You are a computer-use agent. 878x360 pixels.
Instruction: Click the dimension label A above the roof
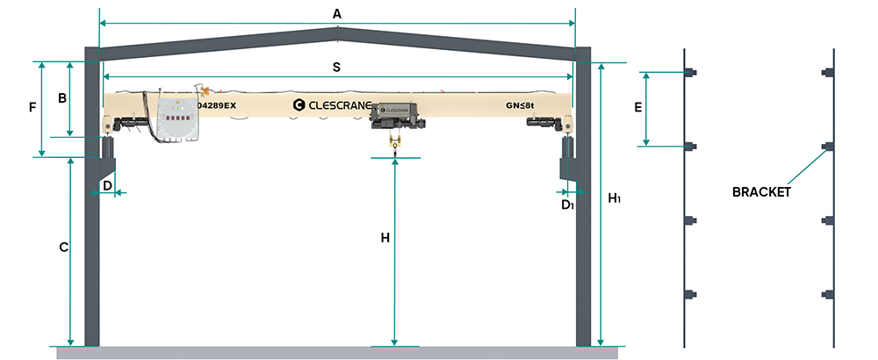pyautogui.click(x=336, y=15)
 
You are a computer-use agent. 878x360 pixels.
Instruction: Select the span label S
pyautogui.click(x=336, y=68)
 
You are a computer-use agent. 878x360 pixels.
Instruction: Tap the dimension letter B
pyautogui.click(x=62, y=98)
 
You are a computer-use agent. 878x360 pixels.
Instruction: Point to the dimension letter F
pyautogui.click(x=32, y=107)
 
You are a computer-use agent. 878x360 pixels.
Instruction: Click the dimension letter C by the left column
pyautogui.click(x=64, y=247)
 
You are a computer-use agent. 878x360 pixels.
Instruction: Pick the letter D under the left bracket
pyautogui.click(x=107, y=184)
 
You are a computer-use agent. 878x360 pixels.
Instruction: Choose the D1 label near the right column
pyautogui.click(x=568, y=205)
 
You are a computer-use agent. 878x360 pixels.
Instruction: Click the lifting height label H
pyautogui.click(x=385, y=238)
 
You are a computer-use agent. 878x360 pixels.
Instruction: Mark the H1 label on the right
pyautogui.click(x=615, y=198)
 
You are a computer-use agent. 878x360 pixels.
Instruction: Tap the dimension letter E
pyautogui.click(x=637, y=109)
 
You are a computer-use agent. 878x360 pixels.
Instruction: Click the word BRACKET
pyautogui.click(x=761, y=192)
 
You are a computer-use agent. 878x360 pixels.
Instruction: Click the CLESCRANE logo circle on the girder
pyautogui.click(x=299, y=104)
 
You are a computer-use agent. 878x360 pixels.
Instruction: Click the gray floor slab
pyautogui.click(x=337, y=353)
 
